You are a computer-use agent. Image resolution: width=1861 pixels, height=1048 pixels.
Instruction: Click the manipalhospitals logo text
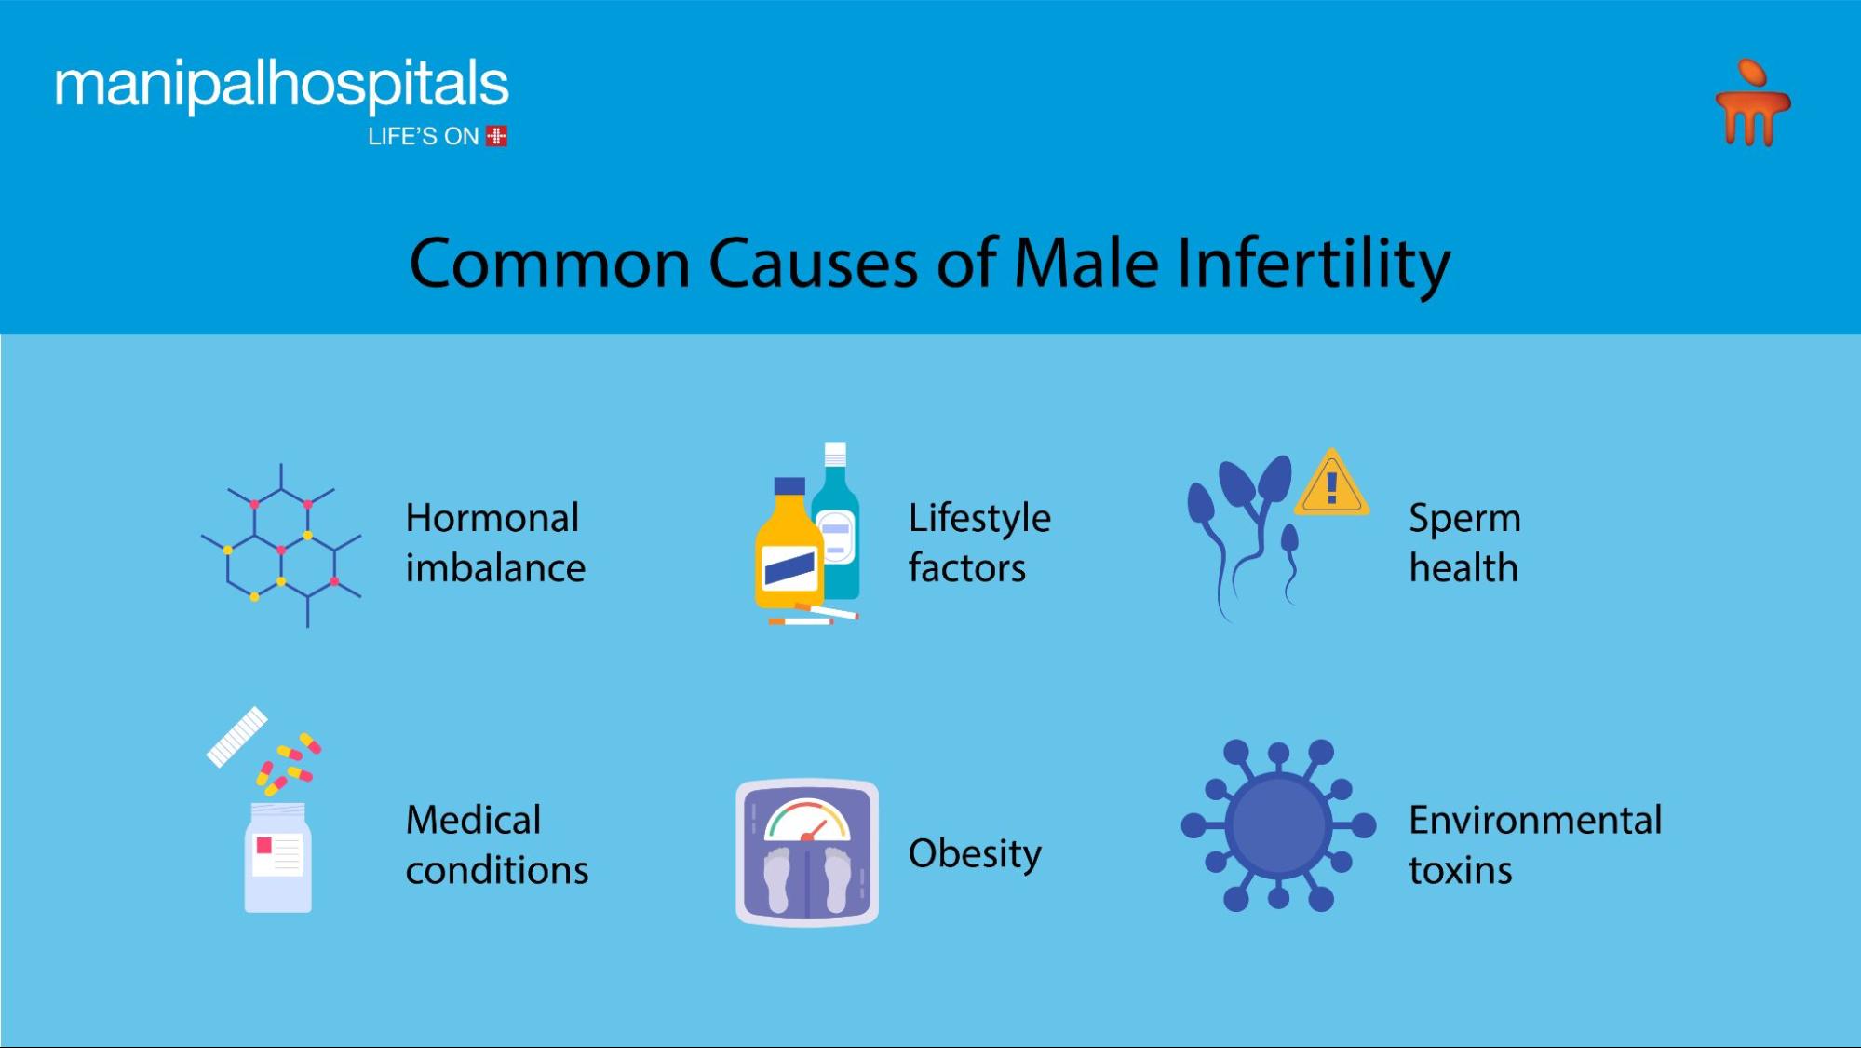point(282,86)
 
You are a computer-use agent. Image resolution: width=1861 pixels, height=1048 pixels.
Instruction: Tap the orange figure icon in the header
point(1753,103)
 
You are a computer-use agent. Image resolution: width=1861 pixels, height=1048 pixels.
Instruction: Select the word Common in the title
point(550,265)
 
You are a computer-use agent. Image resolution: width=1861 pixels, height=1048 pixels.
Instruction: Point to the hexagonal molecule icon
point(281,545)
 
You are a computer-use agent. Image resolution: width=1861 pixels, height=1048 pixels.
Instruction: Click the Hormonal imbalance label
point(495,542)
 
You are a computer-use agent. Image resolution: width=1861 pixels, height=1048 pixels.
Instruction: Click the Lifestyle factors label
point(979,542)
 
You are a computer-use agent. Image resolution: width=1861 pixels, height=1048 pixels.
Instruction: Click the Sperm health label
point(1464,542)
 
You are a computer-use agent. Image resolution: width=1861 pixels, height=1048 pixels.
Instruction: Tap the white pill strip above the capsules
point(236,737)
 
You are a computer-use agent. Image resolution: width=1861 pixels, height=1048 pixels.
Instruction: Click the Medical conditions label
point(497,845)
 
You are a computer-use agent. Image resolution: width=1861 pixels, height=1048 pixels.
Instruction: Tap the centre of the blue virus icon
point(1278,825)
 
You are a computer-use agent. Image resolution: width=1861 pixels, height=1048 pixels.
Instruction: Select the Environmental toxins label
point(1535,845)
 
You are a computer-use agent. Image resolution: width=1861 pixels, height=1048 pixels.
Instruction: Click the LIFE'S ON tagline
point(424,137)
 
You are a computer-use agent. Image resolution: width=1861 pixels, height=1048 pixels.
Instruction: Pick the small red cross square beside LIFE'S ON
point(497,136)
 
